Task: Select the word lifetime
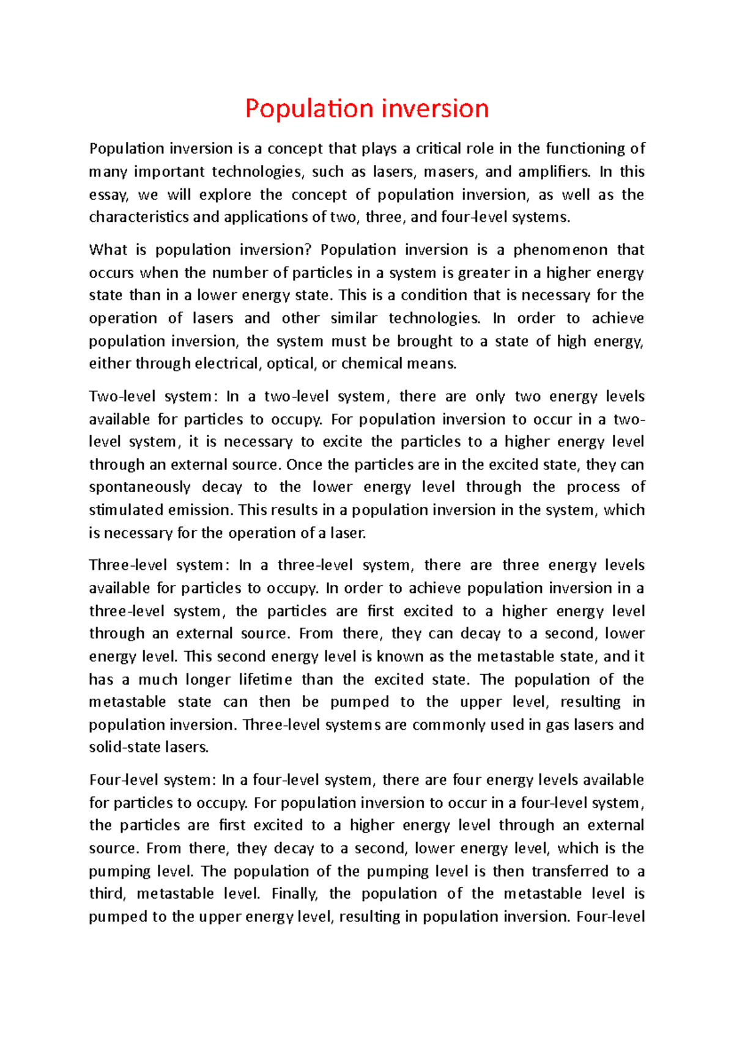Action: click(x=265, y=680)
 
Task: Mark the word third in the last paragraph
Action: click(x=106, y=894)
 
